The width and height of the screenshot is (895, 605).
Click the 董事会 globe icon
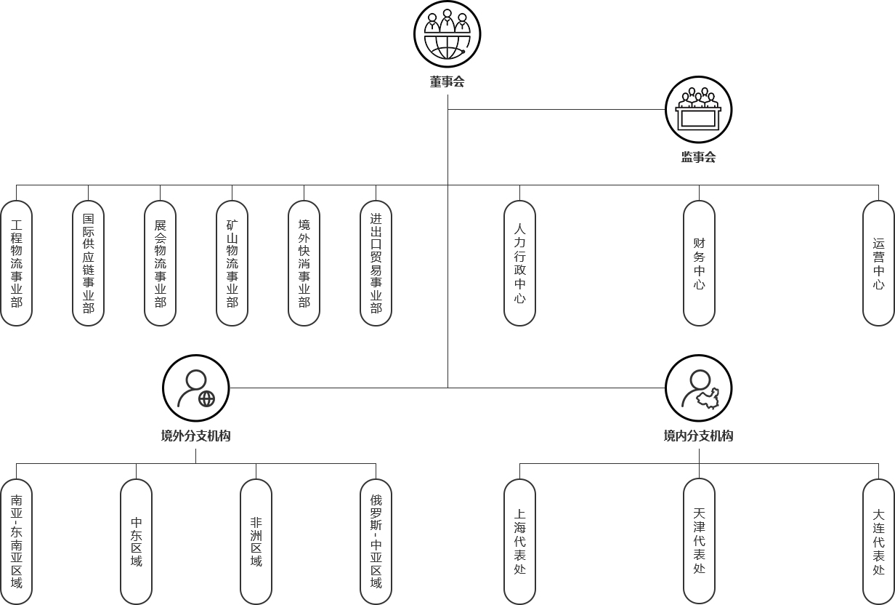447,34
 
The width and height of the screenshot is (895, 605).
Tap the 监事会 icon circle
698,110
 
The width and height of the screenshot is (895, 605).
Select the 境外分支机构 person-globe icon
196,388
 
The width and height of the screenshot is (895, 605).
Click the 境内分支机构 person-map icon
698,388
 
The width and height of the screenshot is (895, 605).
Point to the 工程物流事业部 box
17,263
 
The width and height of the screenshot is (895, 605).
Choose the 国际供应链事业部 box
89,263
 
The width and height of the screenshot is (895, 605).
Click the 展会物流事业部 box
161,263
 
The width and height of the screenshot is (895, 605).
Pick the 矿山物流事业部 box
232,263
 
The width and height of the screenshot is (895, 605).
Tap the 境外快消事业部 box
304,263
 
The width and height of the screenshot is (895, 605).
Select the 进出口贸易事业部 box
376,263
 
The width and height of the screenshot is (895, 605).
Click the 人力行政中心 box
520,263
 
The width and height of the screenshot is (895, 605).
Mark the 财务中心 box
699,263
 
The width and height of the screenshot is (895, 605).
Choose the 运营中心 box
878,263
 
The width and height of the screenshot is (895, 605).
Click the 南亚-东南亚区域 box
17,542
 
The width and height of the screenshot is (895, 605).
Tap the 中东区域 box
137,542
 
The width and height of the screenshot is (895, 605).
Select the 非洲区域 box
256,542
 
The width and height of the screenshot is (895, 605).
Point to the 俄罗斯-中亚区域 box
376,542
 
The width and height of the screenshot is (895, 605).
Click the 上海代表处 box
520,542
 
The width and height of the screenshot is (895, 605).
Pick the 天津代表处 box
699,542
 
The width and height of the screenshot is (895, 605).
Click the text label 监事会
698,157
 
